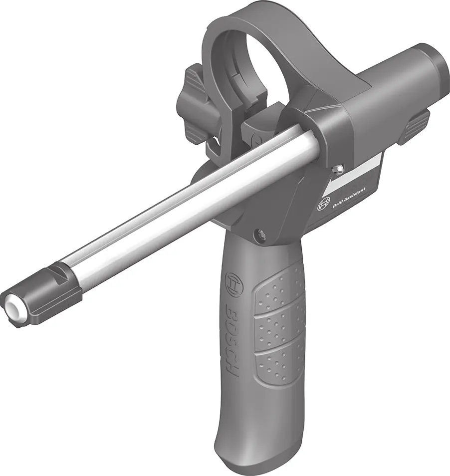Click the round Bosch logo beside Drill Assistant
(x=323, y=205)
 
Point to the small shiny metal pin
(x=337, y=169)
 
